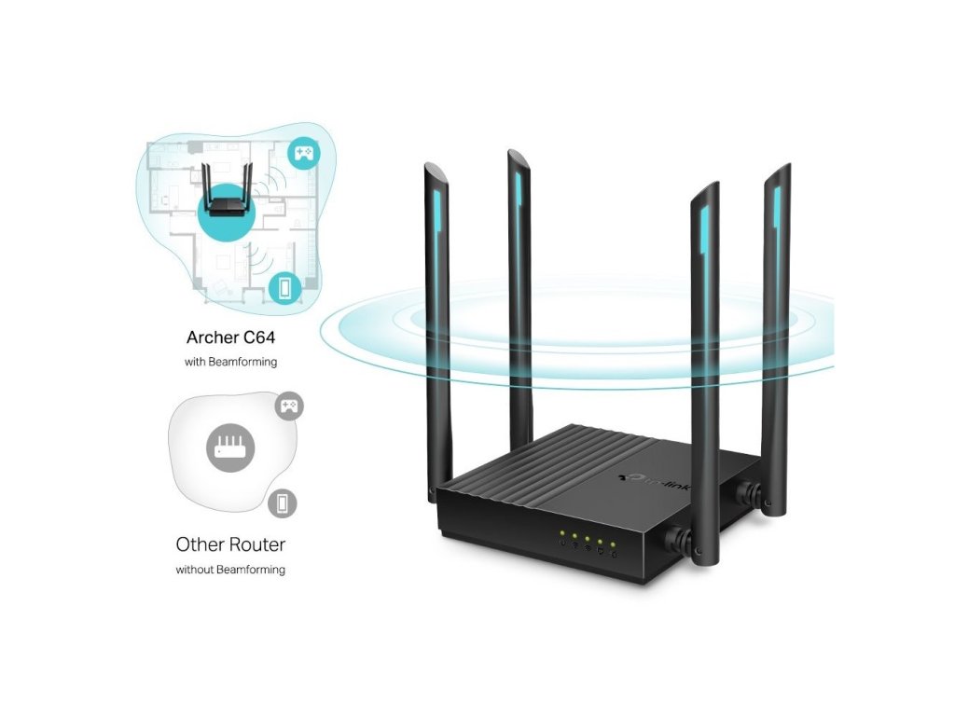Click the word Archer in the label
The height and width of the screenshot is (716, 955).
pos(213,337)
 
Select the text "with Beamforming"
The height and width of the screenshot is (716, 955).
pos(231,361)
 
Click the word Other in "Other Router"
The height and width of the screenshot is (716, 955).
pos(201,544)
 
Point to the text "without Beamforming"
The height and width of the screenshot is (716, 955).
pos(231,569)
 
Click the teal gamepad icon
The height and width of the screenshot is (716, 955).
pos(303,152)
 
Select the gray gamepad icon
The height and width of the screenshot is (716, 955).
pos(289,406)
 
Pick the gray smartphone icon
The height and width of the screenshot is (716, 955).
pos(281,503)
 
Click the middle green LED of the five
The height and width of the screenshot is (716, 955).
pos(587,541)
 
